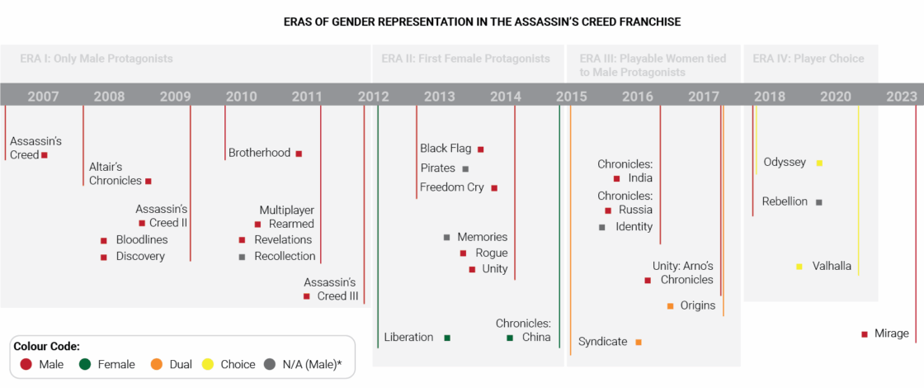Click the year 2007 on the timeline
[43, 96]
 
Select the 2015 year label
[571, 96]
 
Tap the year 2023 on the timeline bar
[902, 96]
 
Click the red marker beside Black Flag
[481, 149]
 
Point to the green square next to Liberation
[447, 338]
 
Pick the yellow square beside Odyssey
[819, 163]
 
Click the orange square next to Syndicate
[639, 342]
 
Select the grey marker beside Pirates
[465, 168]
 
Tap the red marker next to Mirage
[865, 334]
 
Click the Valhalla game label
[832, 266]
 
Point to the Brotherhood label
[259, 153]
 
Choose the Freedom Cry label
[451, 187]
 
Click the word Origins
[698, 305]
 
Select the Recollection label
[285, 256]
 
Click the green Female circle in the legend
[85, 364]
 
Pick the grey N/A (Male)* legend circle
[270, 364]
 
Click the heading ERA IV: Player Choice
[808, 59]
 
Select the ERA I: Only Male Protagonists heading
[97, 59]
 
